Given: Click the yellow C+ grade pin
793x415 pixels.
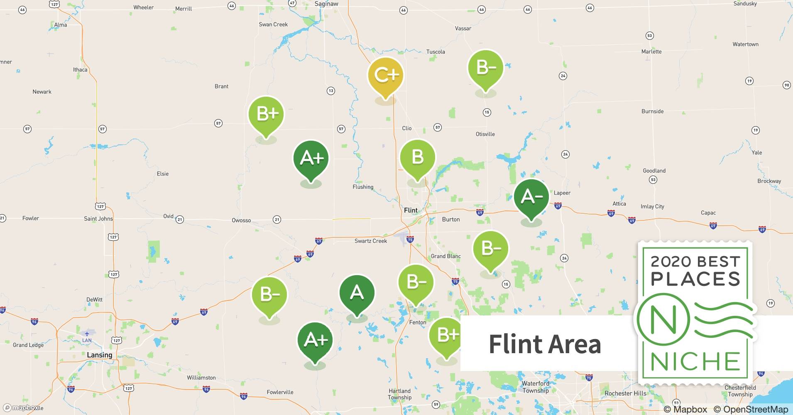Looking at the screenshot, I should point(386,76).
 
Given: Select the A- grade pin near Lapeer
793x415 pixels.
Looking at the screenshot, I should point(531,197).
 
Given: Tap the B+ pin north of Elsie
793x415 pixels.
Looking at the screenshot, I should point(266,114).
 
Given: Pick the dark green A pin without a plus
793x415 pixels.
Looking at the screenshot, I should point(357,293).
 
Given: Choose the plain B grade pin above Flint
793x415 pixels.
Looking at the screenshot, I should point(417,158).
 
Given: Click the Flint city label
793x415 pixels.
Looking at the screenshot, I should point(411,210).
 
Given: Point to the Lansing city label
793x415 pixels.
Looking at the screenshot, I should point(99,355).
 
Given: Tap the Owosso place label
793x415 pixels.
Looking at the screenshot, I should point(241,220).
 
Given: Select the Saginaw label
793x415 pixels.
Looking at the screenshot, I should point(326,4).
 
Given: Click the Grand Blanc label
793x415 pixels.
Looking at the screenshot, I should point(445,256).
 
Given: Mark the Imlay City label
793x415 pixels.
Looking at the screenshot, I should point(652,206).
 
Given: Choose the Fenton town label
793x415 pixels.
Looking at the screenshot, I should point(418,322).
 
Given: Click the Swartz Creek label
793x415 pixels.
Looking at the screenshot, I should point(370,241).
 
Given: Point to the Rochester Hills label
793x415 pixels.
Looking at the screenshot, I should point(625,393).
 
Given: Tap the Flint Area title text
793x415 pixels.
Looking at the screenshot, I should point(545,344).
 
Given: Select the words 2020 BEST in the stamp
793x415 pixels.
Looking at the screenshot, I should point(695,261).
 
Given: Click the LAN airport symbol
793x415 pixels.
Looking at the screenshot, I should point(87,334).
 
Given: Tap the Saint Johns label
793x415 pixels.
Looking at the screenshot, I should point(98,219).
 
